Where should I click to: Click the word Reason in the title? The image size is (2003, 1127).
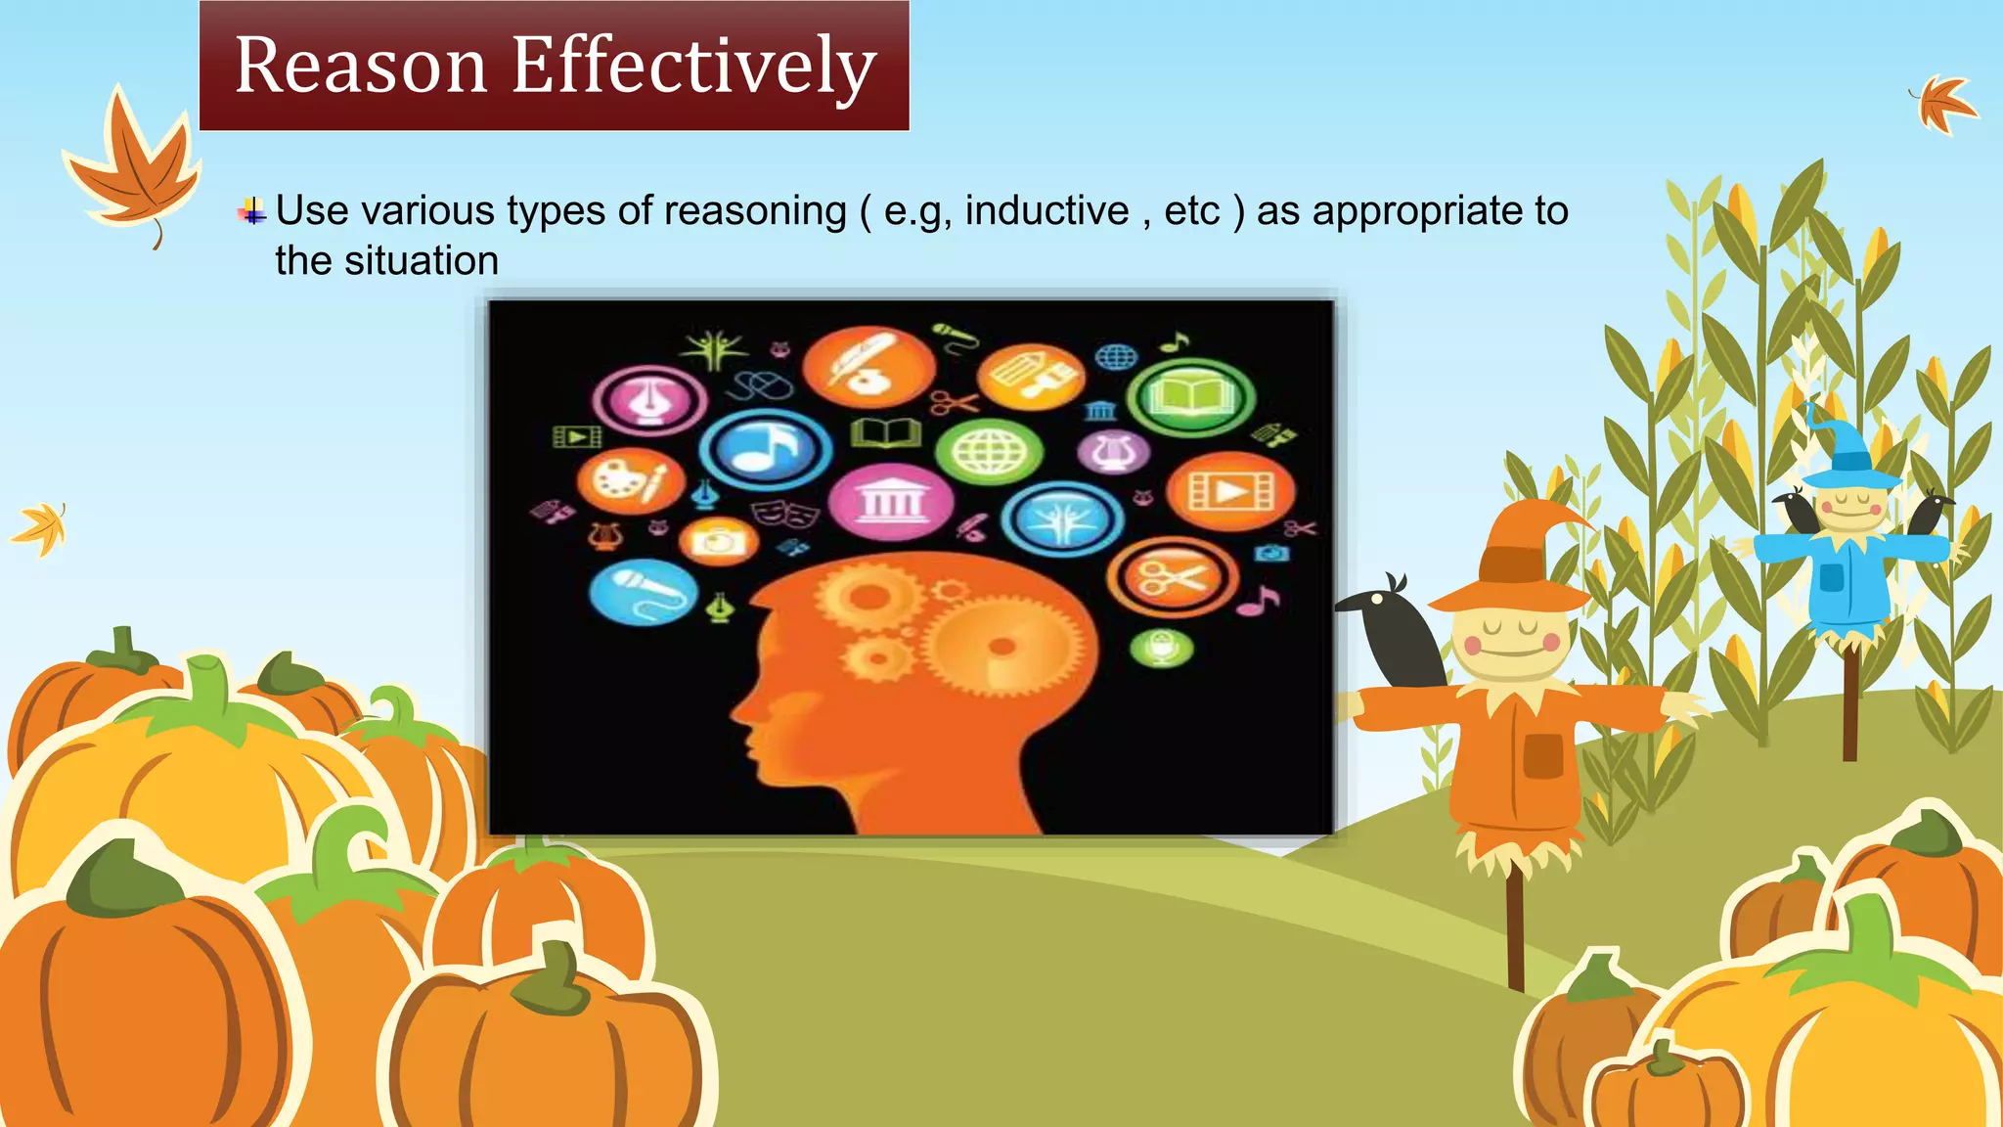point(361,67)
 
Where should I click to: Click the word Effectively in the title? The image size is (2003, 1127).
point(693,67)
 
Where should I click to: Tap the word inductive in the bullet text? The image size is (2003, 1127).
point(1046,210)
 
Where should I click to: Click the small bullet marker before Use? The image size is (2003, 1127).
point(252,211)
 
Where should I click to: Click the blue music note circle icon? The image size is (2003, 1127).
point(766,450)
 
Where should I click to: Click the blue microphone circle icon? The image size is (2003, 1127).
point(644,592)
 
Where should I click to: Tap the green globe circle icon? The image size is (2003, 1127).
point(989,452)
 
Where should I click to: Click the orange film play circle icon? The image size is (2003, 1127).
point(1230,491)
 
